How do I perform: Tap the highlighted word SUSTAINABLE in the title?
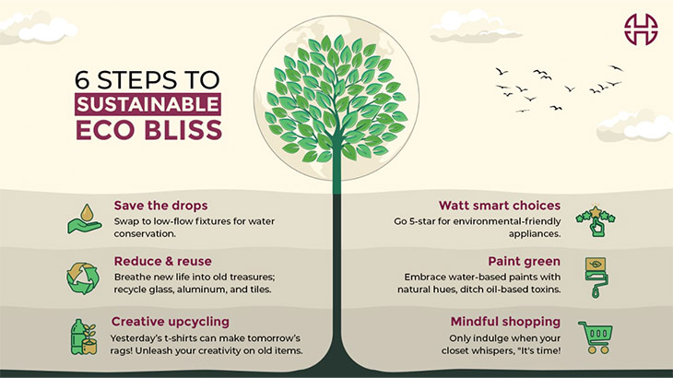[x=148, y=103]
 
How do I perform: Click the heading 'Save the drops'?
[x=159, y=205]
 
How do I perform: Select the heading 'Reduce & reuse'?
[x=162, y=261]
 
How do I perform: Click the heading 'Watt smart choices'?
[x=499, y=205]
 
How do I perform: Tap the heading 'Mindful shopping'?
[x=505, y=321]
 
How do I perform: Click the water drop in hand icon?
[x=85, y=219]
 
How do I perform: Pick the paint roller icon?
[x=596, y=278]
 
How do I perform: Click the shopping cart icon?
[x=596, y=336]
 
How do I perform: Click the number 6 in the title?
[x=85, y=78]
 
